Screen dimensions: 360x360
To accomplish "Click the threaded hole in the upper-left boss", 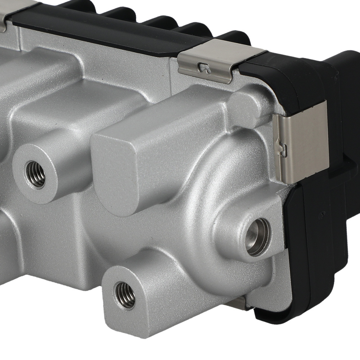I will (35, 175).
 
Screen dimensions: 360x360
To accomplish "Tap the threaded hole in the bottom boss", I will (125, 295).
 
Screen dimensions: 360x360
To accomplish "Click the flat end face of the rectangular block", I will (115, 173).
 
